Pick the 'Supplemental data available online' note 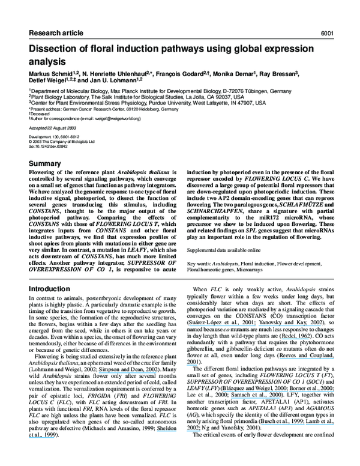[224, 249]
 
